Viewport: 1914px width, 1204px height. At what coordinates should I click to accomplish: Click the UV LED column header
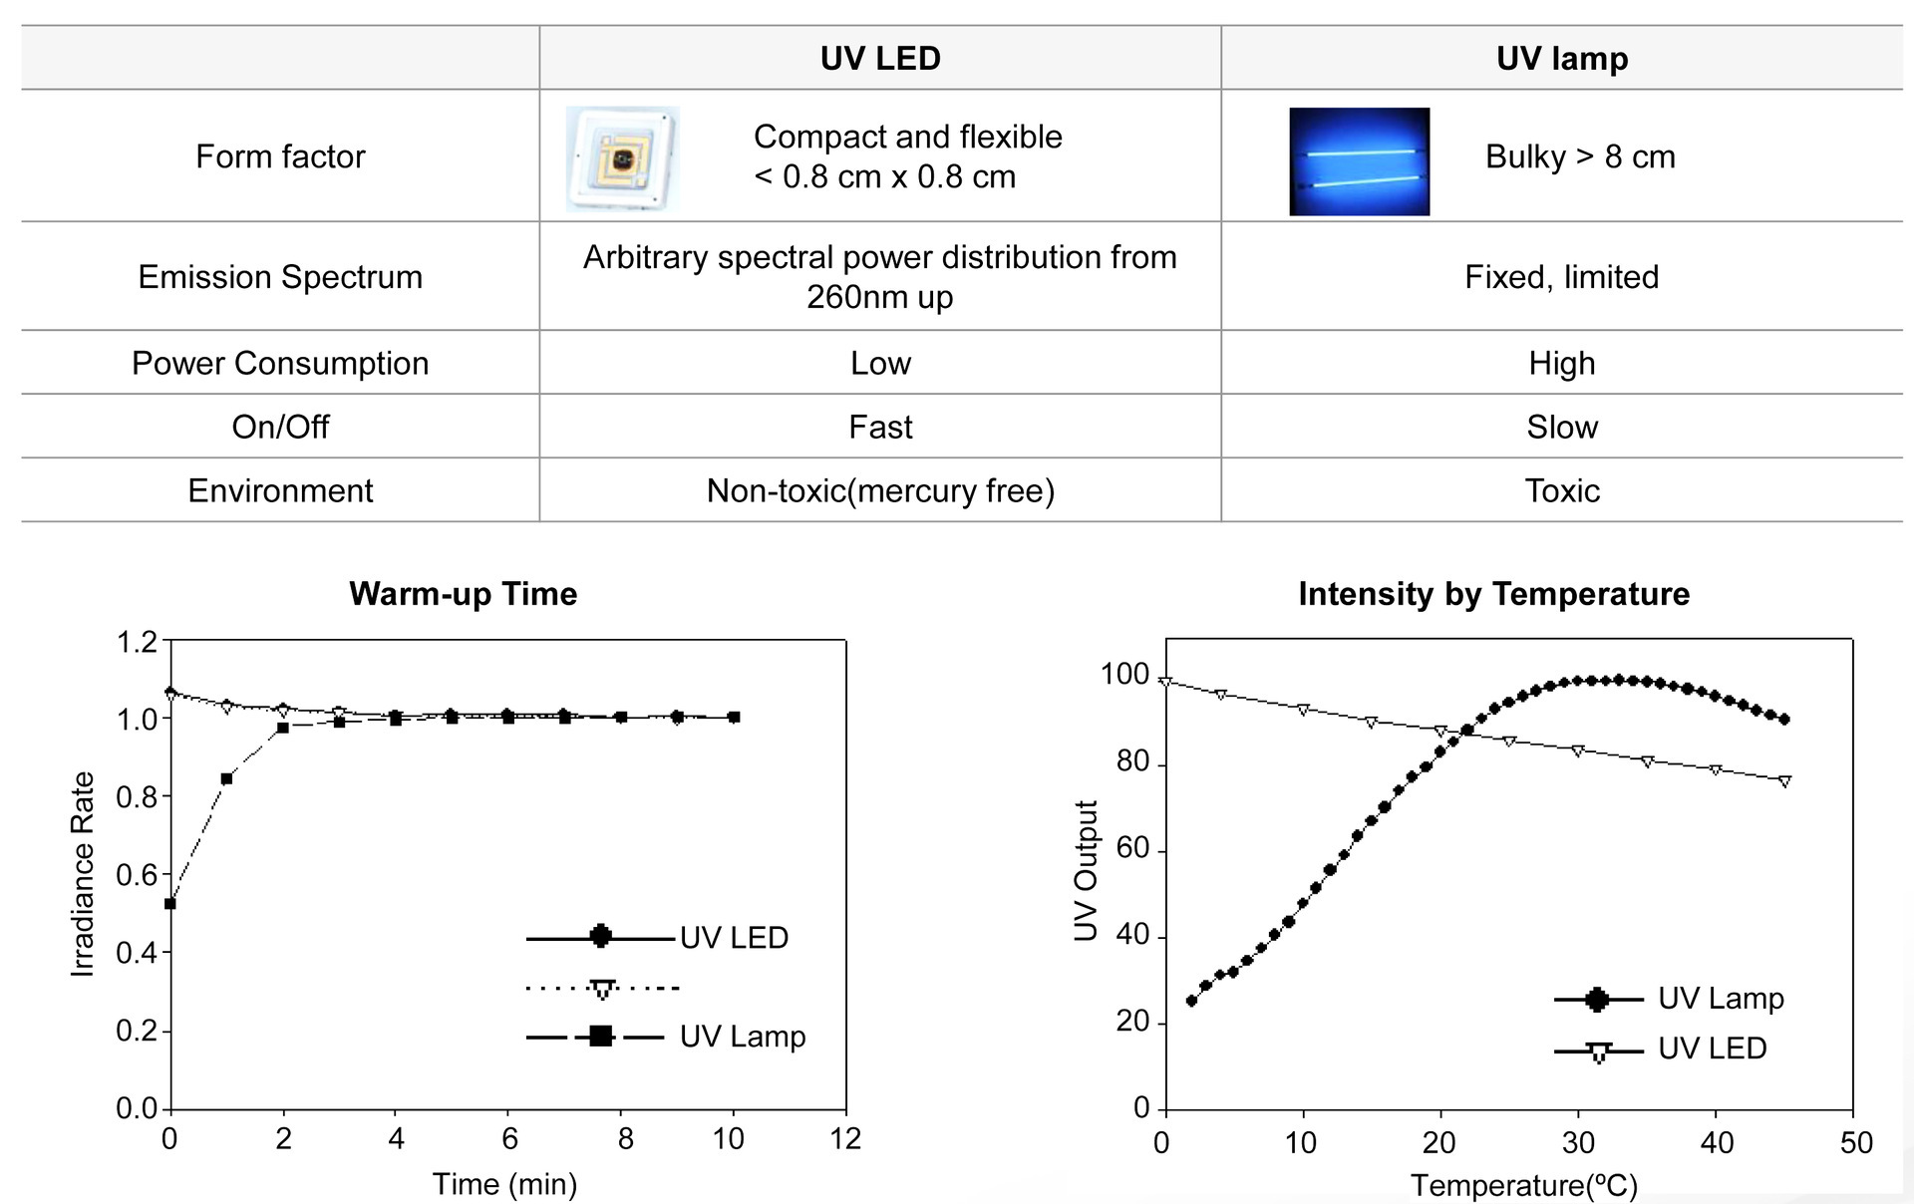(x=879, y=58)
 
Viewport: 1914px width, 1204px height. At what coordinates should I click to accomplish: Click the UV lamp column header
(x=1561, y=58)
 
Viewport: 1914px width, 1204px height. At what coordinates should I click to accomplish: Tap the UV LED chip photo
(x=623, y=158)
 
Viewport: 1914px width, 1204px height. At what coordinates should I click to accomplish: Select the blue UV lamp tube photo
(x=1359, y=161)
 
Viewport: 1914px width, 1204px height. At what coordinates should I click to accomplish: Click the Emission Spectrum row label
(x=280, y=276)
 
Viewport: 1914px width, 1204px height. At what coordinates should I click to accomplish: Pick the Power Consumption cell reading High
(x=1561, y=363)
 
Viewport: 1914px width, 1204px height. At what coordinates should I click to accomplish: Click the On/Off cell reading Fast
(x=879, y=427)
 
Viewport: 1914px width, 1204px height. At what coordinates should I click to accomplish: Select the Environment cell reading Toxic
(x=1561, y=490)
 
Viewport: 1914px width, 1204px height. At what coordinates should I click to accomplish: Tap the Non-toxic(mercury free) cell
(x=879, y=490)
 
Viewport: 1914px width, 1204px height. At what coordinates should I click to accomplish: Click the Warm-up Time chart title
(x=463, y=594)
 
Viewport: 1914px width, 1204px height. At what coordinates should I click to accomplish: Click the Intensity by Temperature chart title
(x=1493, y=594)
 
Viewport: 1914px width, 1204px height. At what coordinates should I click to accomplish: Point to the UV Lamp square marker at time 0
(x=170, y=904)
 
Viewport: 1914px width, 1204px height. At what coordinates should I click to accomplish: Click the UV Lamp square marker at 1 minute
(x=226, y=778)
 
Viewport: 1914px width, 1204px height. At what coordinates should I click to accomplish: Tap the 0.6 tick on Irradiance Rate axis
(x=137, y=875)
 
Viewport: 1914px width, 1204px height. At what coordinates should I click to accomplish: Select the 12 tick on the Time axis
(x=844, y=1138)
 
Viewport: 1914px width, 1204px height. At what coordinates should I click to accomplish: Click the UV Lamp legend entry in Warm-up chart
(x=742, y=1037)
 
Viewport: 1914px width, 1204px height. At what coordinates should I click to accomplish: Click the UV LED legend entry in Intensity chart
(x=1711, y=1049)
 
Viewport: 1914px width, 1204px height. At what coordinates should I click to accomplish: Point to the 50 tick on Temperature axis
(x=1855, y=1142)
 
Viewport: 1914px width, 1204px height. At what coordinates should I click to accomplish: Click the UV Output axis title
(x=1086, y=870)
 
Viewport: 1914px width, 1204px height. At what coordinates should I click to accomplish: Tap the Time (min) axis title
(x=504, y=1184)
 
